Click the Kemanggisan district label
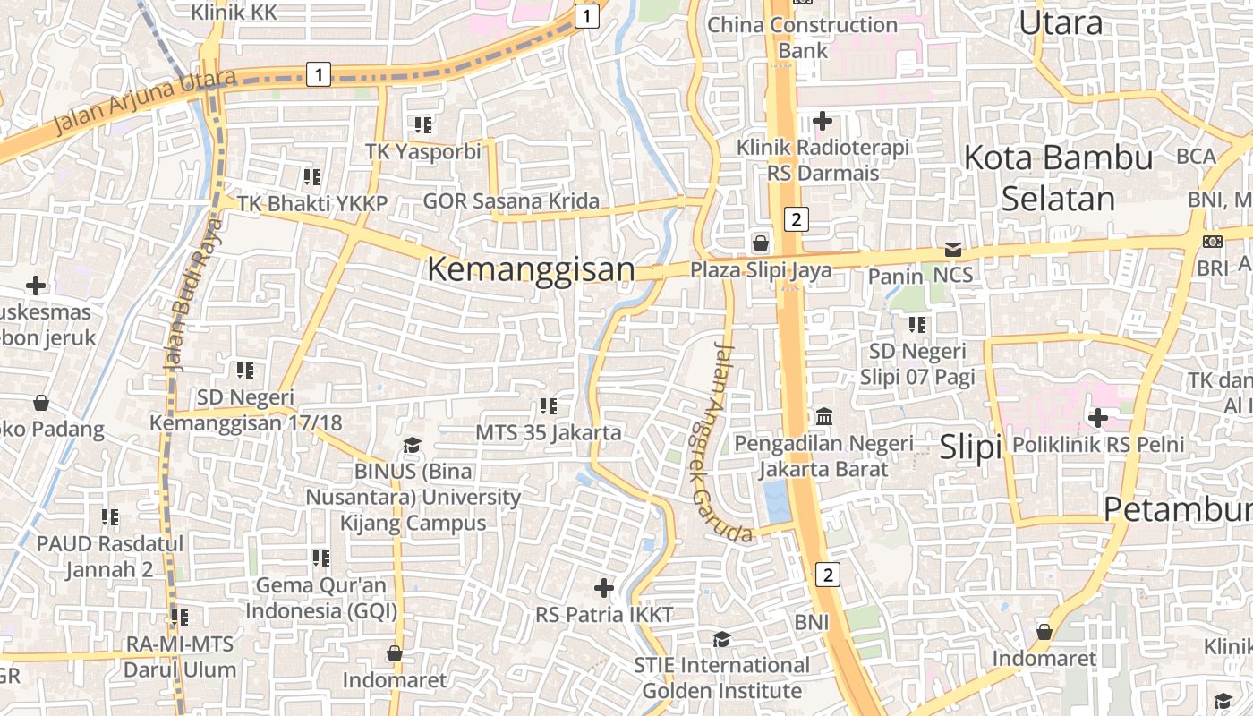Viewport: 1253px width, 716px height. (531, 269)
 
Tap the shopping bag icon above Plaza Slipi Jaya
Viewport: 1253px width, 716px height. (760, 243)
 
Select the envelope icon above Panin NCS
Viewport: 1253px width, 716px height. (953, 250)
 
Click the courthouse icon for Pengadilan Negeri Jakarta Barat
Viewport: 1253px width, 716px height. (823, 417)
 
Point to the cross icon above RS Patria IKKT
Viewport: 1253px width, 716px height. (604, 588)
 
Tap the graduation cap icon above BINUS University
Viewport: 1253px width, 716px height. (412, 445)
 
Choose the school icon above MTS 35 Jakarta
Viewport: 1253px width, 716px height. (549, 406)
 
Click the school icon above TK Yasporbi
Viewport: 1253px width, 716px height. (423, 124)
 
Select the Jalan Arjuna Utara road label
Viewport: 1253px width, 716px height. (143, 99)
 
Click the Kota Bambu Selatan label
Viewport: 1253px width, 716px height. (1058, 178)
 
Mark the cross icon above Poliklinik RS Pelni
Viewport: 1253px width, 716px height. (1098, 417)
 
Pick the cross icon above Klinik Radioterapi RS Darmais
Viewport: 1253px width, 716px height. (823, 120)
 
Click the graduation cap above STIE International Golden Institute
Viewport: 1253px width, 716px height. (721, 639)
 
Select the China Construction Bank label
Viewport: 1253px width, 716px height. (803, 38)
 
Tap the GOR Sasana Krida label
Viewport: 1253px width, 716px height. (511, 201)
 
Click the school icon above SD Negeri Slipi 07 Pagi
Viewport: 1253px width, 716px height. (917, 325)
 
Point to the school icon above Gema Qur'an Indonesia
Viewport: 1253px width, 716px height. (321, 558)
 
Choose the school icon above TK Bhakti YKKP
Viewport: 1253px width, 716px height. (311, 177)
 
